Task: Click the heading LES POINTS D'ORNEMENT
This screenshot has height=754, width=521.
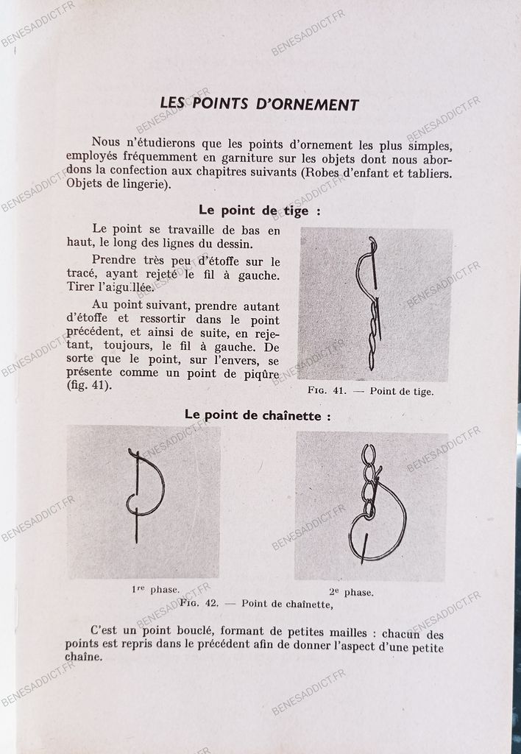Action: pyautogui.click(x=259, y=104)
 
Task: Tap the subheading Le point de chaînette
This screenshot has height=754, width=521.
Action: pyautogui.click(x=258, y=415)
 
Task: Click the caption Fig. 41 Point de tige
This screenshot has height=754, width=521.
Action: pyautogui.click(x=370, y=392)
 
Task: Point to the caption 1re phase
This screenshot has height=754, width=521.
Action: pyautogui.click(x=155, y=589)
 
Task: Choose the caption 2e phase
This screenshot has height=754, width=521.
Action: pyautogui.click(x=351, y=592)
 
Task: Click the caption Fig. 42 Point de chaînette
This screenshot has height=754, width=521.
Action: pyautogui.click(x=256, y=605)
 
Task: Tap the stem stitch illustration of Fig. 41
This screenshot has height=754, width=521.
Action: pyautogui.click(x=372, y=306)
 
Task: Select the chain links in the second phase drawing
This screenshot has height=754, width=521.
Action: pyautogui.click(x=369, y=479)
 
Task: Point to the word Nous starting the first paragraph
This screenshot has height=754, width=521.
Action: pyautogui.click(x=107, y=142)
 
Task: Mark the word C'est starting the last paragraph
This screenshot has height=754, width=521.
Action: pyautogui.click(x=106, y=631)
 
